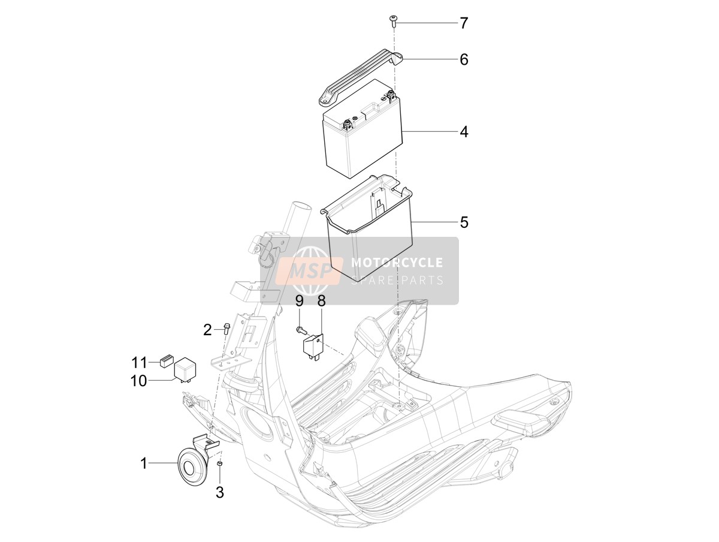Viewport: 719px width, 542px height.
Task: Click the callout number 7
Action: (464, 23)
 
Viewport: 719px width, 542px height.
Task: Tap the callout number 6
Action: (464, 59)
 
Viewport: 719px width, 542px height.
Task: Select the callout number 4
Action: (464, 132)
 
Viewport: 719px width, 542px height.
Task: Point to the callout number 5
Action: (464, 222)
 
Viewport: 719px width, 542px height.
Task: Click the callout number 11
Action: (140, 363)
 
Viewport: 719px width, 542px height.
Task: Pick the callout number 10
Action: (138, 381)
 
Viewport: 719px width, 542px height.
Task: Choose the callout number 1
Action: (143, 463)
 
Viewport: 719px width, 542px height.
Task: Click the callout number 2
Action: (207, 330)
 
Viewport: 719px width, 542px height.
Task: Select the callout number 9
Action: (300, 301)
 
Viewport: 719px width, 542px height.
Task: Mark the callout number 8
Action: (321, 301)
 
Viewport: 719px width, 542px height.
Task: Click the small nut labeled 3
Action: (220, 463)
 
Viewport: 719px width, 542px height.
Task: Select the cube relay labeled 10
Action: (185, 370)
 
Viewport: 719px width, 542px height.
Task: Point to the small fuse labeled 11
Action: (166, 362)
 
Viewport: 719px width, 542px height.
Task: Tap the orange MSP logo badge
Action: (309, 270)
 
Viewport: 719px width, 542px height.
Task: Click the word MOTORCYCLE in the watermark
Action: (397, 263)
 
